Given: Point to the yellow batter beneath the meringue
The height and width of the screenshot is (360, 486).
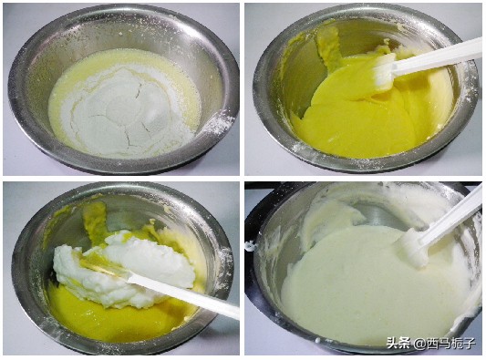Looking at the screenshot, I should [100, 314].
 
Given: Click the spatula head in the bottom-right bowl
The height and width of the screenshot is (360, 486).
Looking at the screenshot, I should [415, 246].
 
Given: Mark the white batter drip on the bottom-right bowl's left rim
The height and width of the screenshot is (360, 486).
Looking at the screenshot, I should [250, 245].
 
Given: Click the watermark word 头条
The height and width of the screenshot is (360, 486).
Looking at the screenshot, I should [398, 344].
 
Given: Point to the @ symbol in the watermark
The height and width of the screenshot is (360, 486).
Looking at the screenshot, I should [419, 344].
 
